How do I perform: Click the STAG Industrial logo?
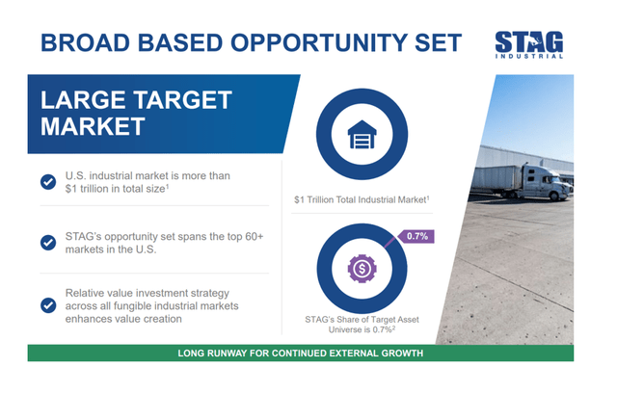(529, 44)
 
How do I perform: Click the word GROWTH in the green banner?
(398, 354)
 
